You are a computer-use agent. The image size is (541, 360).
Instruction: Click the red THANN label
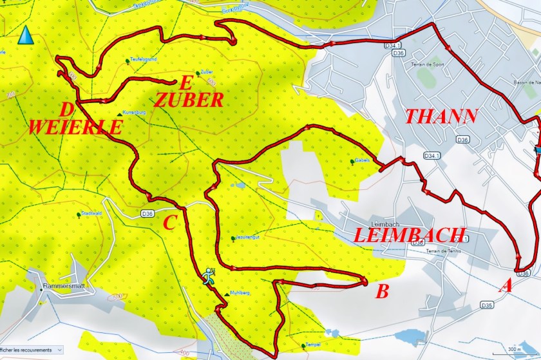click(x=441, y=116)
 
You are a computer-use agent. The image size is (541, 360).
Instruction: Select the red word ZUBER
click(x=189, y=100)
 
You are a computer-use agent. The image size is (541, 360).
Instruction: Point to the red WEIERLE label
click(x=75, y=126)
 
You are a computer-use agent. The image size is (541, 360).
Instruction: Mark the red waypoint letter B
click(x=382, y=292)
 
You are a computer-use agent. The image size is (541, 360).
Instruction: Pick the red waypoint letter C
click(x=169, y=223)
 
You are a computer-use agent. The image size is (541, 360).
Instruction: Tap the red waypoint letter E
click(x=186, y=82)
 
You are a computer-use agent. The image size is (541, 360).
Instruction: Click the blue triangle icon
click(x=26, y=35)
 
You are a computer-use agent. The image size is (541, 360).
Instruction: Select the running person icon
click(x=208, y=276)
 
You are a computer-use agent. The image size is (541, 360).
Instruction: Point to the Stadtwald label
click(x=90, y=213)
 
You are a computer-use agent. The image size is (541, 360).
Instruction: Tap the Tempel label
click(x=313, y=345)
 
